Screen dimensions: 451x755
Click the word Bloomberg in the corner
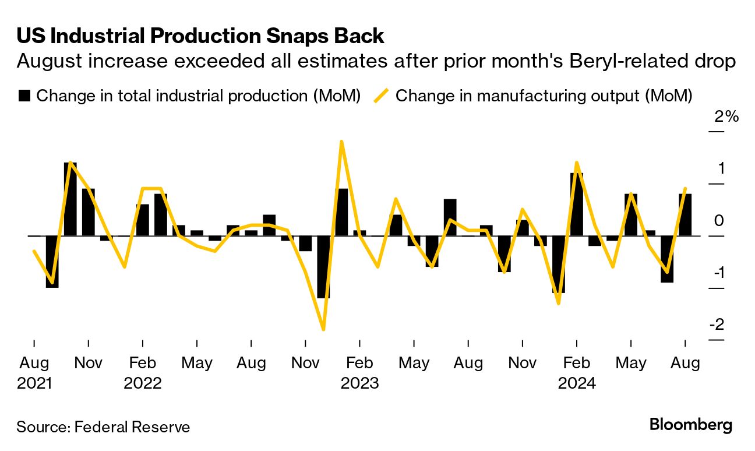[x=691, y=425]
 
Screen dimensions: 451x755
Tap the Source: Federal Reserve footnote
[x=103, y=427]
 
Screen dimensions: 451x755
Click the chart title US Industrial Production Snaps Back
[x=200, y=36]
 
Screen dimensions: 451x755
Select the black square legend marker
[x=24, y=96]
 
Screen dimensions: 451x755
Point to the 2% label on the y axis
[x=726, y=117]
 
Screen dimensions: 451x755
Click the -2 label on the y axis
[x=717, y=324]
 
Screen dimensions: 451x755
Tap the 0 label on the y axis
[x=719, y=220]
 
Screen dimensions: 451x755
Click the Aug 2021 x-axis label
[x=34, y=373]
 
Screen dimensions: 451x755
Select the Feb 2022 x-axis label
[x=143, y=373]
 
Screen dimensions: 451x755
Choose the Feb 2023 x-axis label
[x=359, y=373]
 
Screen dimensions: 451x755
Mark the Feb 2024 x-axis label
[x=576, y=373]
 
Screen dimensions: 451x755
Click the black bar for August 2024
[x=685, y=214]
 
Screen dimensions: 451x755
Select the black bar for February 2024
[x=577, y=204]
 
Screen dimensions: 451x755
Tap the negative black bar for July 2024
[x=667, y=259]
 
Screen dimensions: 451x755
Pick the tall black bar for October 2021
[x=70, y=199]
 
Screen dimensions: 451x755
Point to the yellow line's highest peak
[x=341, y=142]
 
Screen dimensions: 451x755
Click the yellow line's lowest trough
[x=323, y=329]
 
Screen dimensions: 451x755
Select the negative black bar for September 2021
[x=52, y=262]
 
